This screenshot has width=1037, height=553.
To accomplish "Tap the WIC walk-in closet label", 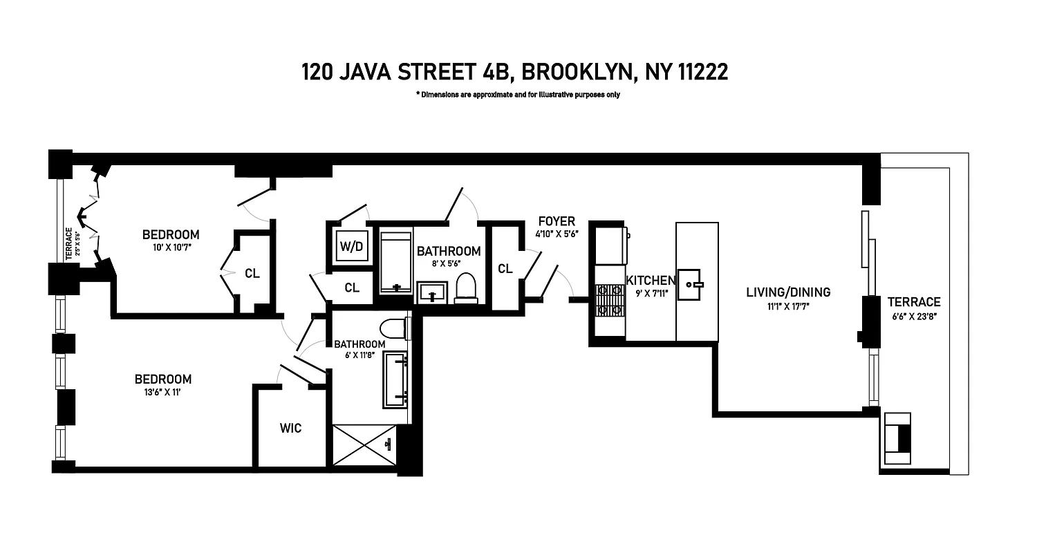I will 290,429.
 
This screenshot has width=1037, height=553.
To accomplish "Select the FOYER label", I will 556,221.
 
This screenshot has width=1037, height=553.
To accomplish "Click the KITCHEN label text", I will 651,281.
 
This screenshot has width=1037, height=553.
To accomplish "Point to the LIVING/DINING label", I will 787,292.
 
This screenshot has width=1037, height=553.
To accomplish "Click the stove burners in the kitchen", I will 609,301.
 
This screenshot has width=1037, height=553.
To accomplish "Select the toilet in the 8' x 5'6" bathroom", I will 466,288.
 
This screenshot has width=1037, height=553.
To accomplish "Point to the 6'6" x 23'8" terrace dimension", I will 913,316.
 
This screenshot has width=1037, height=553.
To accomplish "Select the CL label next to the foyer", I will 505,268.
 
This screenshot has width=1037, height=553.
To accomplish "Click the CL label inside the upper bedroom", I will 252,273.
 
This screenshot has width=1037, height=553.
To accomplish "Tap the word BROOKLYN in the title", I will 578,72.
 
